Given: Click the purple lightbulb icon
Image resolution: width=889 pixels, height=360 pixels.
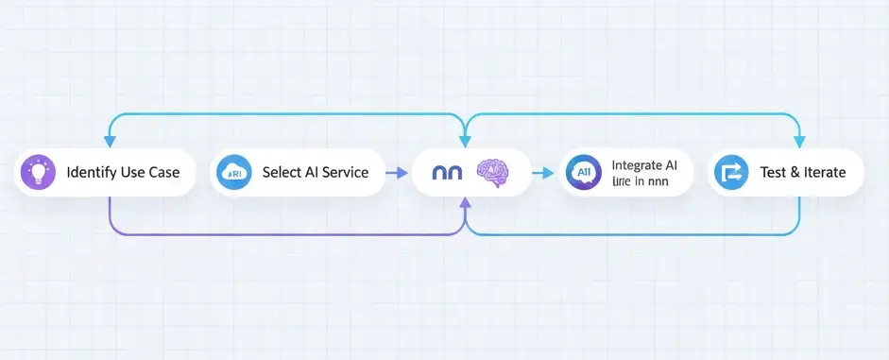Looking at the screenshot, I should pyautogui.click(x=39, y=173).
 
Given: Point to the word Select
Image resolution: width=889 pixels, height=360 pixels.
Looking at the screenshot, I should pyautogui.click(x=282, y=173).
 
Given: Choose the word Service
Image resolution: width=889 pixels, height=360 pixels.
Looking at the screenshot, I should pyautogui.click(x=344, y=173).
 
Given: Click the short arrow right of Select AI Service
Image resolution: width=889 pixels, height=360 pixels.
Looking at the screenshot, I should pyautogui.click(x=398, y=173).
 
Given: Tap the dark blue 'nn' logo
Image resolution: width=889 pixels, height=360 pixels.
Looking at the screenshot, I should pyautogui.click(x=446, y=173).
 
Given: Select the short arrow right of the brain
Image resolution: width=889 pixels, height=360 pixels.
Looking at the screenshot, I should pyautogui.click(x=542, y=173).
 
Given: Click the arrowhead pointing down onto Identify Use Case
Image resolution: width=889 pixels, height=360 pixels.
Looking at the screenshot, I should pyautogui.click(x=110, y=142).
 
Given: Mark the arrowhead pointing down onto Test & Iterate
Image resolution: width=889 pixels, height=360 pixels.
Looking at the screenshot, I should pyautogui.click(x=799, y=142).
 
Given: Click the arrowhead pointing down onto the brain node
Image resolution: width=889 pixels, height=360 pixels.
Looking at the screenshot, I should pyautogui.click(x=465, y=142).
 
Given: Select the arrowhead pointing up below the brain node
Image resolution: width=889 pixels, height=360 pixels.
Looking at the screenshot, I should pyautogui.click(x=465, y=201).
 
